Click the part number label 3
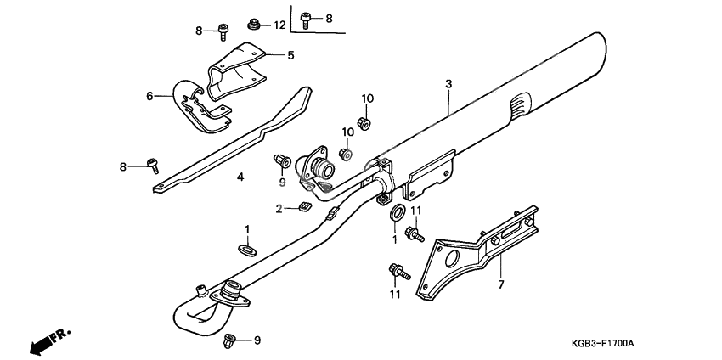pos(448,83)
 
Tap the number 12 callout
pos(279,24)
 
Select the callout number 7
pos(500,284)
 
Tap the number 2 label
pos(279,208)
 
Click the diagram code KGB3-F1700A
pos(603,342)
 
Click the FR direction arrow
pos(50,340)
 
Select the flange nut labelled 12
pos(253,23)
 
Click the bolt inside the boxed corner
pos(308,16)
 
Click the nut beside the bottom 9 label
pos(228,341)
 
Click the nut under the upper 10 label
pos(365,124)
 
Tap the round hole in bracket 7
pos(449,256)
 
